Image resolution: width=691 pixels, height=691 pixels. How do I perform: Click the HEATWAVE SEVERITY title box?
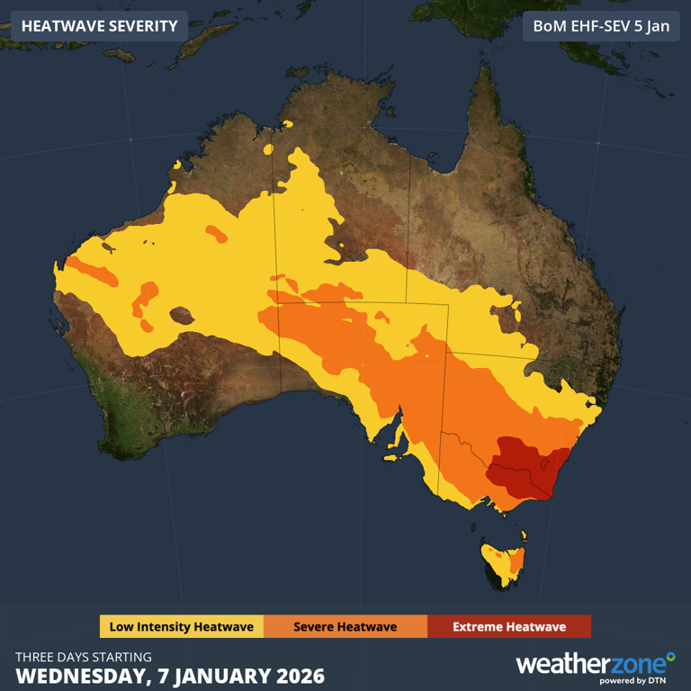coord(99,25)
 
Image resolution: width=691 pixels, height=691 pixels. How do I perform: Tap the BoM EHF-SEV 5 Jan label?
coord(601,25)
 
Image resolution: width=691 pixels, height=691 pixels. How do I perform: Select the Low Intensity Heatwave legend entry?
coord(181,626)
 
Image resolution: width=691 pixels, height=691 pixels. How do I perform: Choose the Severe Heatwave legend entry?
coord(345,626)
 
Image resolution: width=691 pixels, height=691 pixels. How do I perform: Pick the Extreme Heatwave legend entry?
coord(508,626)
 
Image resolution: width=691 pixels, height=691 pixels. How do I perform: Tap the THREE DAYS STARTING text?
coord(84,657)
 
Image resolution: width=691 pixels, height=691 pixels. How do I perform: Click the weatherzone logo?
coord(594,664)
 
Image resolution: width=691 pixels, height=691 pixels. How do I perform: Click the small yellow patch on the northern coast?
coord(288,124)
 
